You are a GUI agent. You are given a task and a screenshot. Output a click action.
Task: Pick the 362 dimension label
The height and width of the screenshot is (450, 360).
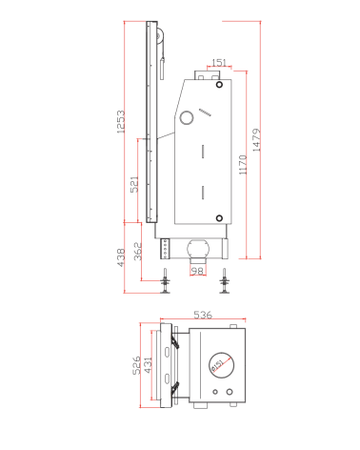[x=138, y=253]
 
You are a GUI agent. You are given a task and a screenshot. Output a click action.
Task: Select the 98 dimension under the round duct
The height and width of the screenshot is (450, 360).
[x=197, y=271]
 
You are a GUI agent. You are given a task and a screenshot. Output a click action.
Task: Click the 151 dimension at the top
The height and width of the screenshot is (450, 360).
[x=218, y=64]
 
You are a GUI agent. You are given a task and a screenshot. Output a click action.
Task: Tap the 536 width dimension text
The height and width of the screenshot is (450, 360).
[x=203, y=314]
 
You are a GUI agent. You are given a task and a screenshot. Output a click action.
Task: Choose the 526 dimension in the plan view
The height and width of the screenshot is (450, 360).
[x=136, y=365]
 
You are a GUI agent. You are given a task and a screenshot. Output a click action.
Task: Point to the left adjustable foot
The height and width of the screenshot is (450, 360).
[x=166, y=283]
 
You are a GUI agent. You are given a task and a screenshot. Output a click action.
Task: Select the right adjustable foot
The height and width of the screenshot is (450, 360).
[x=225, y=283]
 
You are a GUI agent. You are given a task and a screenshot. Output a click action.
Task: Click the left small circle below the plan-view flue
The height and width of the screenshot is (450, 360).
[x=217, y=393]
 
